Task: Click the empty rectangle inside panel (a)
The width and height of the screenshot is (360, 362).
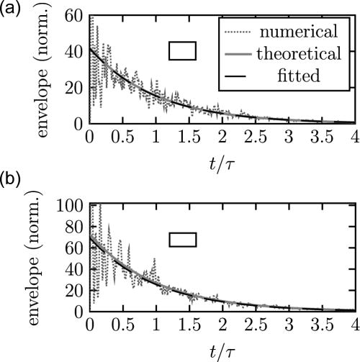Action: [182, 50]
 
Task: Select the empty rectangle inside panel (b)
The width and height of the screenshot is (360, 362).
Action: [182, 239]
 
